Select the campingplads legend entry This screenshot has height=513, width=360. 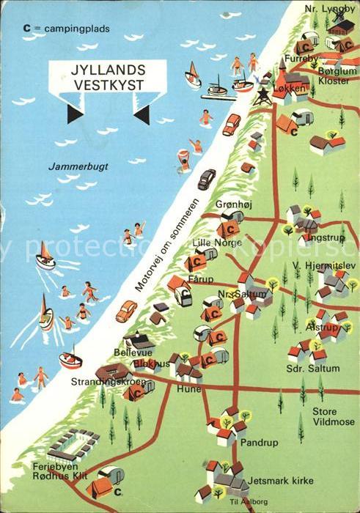tap(65, 29)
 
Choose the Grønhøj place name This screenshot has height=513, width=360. tap(232, 204)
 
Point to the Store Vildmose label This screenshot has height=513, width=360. tap(333, 417)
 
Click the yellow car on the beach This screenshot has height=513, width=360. tap(125, 311)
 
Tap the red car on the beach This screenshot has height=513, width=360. tap(232, 124)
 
